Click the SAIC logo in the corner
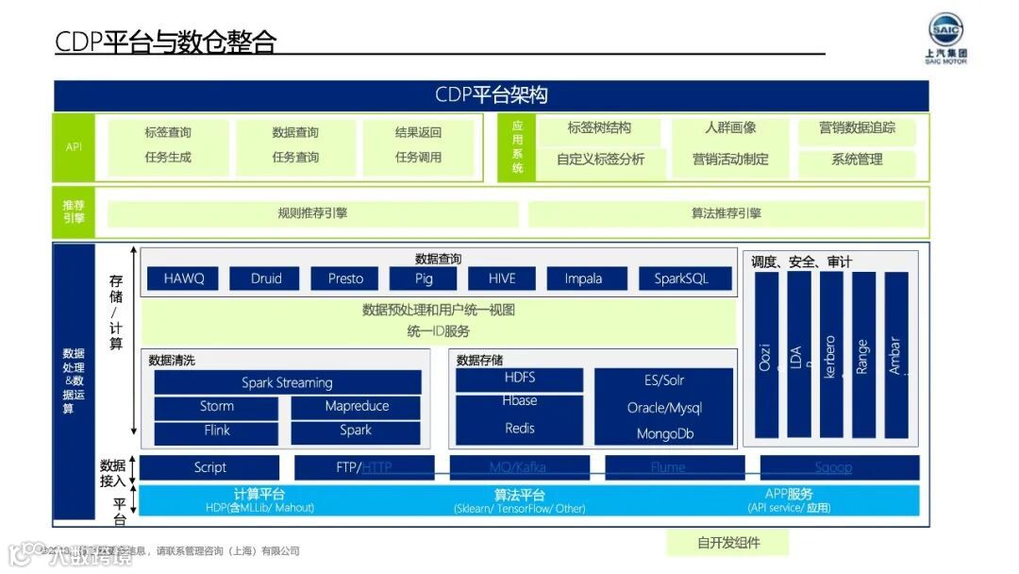(945, 38)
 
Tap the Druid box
(266, 279)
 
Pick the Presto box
(345, 279)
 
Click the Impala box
(583, 279)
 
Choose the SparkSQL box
(680, 279)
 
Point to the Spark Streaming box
(287, 382)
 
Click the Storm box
(216, 407)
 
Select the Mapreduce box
(356, 407)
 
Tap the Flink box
(216, 431)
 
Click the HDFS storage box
(519, 378)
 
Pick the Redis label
(519, 429)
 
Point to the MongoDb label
(664, 434)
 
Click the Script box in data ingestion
(209, 467)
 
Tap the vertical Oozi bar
(766, 355)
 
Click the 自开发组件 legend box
(727, 543)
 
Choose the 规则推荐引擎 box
(312, 213)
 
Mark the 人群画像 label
(730, 128)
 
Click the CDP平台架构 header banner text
(491, 95)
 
